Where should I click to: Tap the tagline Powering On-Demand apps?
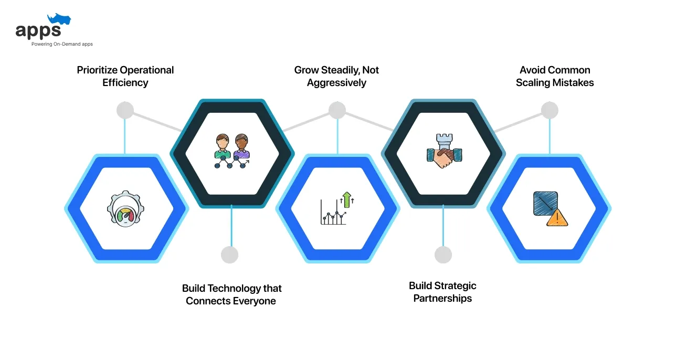(62, 44)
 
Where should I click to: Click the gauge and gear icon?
(124, 209)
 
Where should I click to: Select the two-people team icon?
(232, 151)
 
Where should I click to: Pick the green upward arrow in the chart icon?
(345, 200)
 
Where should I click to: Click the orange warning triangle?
(556, 218)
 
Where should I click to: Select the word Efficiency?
(125, 83)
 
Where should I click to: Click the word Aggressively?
(336, 83)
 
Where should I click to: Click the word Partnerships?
(442, 298)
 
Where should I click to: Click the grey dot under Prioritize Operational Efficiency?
(125, 110)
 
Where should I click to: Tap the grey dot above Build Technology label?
(230, 255)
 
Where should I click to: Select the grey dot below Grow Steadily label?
(337, 110)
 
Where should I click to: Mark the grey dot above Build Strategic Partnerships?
(443, 255)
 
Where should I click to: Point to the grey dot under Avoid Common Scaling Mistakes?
(550, 110)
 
